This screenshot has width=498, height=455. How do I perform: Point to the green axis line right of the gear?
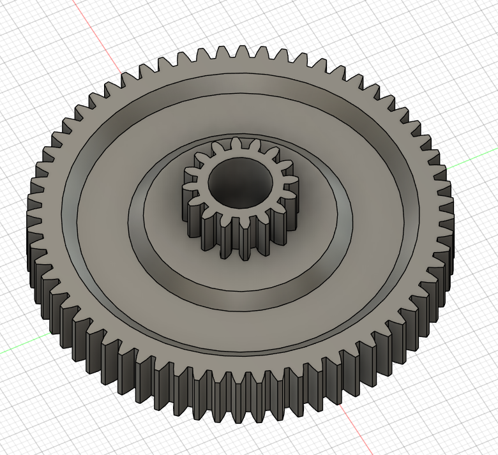472,163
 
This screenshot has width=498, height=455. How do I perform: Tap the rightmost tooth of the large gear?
449,211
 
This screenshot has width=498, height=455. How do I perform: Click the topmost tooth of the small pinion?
237,143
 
